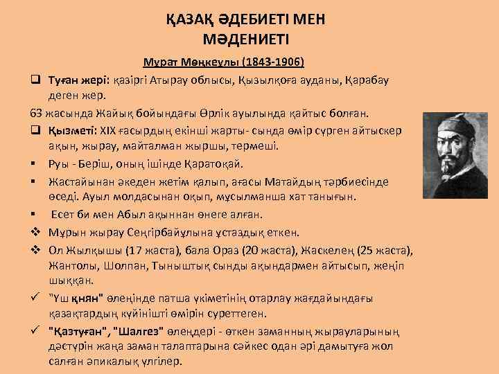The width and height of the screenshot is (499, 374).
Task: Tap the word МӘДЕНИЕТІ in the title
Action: point(249,39)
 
